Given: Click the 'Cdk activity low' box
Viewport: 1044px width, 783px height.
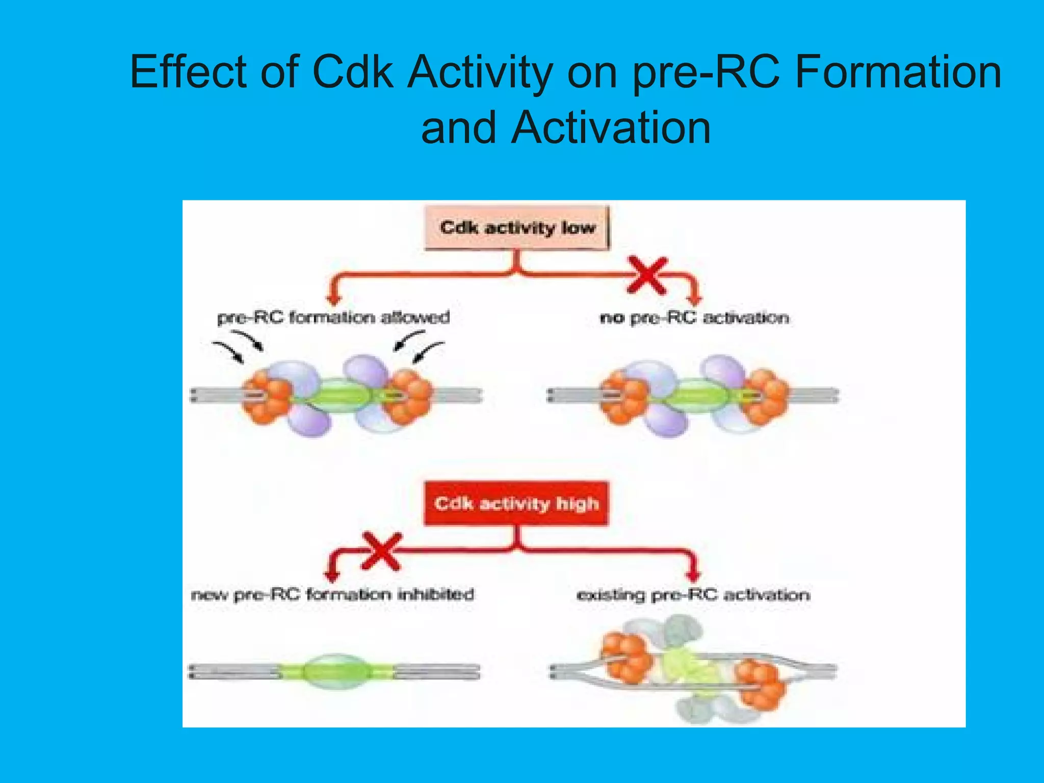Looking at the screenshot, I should point(517,227).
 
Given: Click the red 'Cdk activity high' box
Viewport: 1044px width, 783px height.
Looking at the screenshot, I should point(516,504).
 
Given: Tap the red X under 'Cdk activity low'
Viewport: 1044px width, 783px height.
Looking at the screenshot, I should point(647,276).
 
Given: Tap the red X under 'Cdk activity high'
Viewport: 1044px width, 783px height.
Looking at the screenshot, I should point(382,552).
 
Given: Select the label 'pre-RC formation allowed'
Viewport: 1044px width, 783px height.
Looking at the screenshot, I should point(333,318).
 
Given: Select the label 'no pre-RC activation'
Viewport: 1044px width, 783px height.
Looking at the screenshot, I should point(694,318).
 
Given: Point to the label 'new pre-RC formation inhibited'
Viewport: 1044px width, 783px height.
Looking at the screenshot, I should point(332,594).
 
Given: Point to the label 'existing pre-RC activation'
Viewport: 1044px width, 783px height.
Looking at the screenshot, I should point(693,595).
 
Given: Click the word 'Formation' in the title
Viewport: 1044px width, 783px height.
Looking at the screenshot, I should point(898,72).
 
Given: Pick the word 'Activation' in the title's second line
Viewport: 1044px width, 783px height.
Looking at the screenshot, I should point(611,128).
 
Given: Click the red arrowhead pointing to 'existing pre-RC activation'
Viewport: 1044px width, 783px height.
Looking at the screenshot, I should point(692,576).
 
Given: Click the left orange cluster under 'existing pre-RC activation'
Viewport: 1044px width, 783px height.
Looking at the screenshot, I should point(626,658).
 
